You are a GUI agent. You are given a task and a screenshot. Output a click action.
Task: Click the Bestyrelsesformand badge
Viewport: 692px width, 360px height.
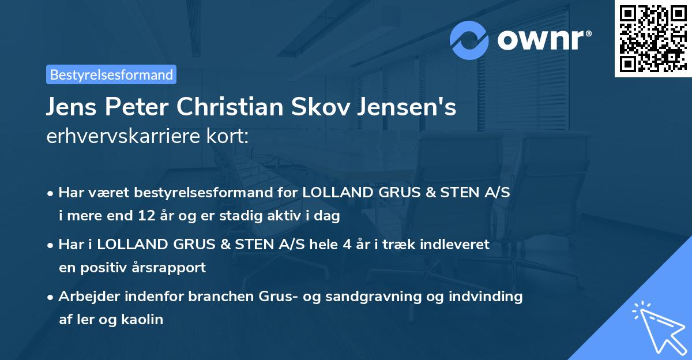point(111,74)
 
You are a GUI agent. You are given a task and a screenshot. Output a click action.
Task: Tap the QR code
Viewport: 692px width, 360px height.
point(653,38)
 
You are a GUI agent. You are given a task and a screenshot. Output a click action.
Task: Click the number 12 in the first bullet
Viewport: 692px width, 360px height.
point(146,216)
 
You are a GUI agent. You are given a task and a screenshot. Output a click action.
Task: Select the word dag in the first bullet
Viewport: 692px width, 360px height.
point(329,216)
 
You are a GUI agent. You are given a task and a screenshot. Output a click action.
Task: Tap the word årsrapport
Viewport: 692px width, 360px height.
point(172,268)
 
